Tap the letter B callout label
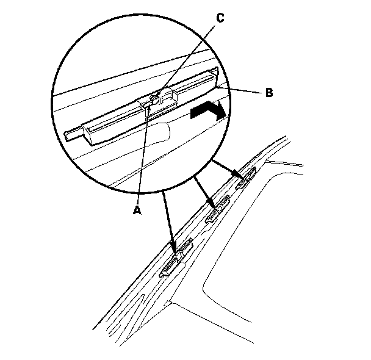[268, 94]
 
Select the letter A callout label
[137, 209]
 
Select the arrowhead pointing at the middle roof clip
[212, 206]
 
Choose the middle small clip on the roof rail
[218, 211]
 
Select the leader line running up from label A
[143, 159]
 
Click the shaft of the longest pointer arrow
[170, 220]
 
